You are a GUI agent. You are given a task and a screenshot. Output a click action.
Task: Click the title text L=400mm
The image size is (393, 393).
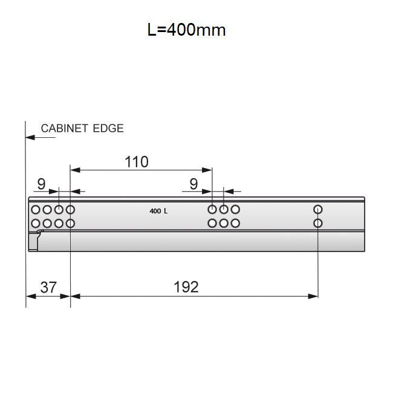click(186, 30)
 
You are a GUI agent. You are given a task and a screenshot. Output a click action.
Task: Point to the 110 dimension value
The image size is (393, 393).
click(136, 161)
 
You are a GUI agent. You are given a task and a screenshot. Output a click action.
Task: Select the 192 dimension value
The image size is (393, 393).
click(186, 287)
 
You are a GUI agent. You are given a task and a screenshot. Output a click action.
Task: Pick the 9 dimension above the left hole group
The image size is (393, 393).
click(41, 183)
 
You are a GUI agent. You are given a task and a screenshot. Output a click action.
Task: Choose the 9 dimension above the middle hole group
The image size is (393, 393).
click(193, 183)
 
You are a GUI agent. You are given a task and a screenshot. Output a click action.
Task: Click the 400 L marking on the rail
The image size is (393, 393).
click(158, 211)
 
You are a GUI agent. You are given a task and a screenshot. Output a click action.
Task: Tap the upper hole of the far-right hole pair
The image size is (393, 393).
click(318, 210)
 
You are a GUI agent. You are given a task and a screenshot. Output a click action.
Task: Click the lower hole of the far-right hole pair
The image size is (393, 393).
click(318, 223)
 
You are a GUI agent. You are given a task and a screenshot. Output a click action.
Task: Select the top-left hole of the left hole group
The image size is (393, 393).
click(35, 210)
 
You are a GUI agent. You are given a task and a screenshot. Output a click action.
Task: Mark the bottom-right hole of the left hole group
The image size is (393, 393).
click(70, 223)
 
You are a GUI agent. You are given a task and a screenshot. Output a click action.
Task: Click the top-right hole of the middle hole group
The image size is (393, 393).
click(235, 210)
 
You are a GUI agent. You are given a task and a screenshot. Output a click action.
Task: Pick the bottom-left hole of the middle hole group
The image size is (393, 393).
click(212, 223)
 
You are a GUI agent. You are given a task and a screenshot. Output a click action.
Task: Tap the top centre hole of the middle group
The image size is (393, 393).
click(224, 210)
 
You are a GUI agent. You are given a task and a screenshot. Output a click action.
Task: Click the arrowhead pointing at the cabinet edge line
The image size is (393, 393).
click(30, 138)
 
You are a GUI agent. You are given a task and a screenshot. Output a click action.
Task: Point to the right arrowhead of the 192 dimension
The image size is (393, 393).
click(314, 296)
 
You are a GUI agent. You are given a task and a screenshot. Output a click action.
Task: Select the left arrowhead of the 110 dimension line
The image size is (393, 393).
click(74, 171)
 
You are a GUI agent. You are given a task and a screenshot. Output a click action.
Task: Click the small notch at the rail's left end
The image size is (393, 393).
click(39, 232)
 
